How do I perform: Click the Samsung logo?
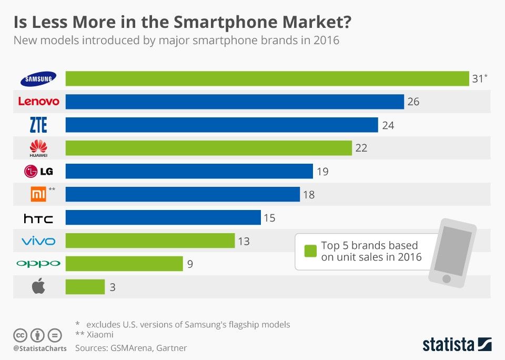click(38, 79)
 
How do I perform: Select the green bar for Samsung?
click(267, 78)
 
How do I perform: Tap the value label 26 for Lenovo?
click(413, 102)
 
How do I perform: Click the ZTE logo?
click(38, 125)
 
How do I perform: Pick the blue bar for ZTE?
click(221, 125)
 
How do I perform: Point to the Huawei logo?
click(38, 148)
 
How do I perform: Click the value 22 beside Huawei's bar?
click(361, 148)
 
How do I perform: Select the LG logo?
click(38, 171)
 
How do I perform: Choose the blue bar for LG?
click(189, 171)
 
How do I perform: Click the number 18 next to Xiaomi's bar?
click(309, 194)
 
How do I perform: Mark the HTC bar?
click(163, 217)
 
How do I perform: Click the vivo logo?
click(38, 241)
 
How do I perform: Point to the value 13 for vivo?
click(243, 241)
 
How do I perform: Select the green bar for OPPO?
click(124, 264)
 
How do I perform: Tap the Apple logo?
click(38, 286)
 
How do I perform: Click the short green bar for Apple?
click(85, 287)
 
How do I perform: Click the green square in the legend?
click(310, 251)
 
